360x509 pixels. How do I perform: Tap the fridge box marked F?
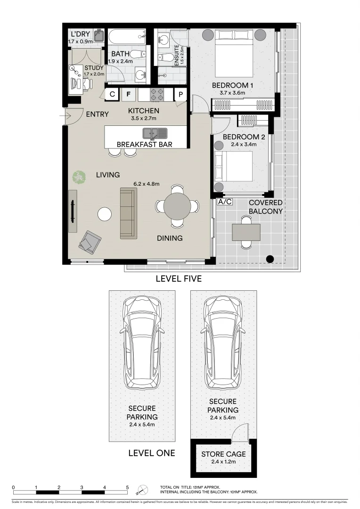(x=128, y=95)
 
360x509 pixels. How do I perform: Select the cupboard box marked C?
(x=112, y=95)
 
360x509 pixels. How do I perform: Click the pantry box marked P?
(x=180, y=95)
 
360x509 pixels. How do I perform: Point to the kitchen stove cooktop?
(x=157, y=95)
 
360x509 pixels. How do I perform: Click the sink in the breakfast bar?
(x=155, y=133)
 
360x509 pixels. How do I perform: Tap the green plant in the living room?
(x=79, y=177)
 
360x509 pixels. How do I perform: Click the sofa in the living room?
(x=127, y=213)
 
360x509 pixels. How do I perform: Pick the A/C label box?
(x=225, y=202)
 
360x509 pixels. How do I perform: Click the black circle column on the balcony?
(x=270, y=258)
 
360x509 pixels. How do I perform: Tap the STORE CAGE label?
(x=223, y=454)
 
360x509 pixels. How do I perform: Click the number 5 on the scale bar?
(x=127, y=487)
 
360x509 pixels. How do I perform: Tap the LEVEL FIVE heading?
(x=179, y=279)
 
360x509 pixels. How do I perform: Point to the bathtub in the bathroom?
(x=127, y=36)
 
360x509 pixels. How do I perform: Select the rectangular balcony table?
(x=246, y=232)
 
